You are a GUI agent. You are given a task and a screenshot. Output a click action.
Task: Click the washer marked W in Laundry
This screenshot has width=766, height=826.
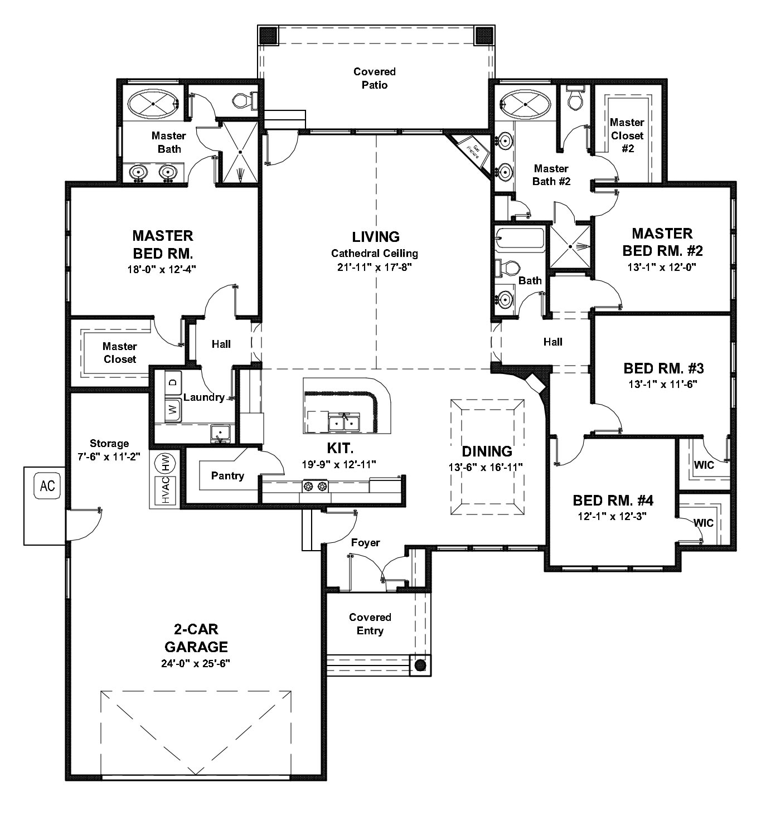click(x=173, y=411)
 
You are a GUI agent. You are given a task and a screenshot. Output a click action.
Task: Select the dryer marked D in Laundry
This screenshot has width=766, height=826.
click(x=173, y=382)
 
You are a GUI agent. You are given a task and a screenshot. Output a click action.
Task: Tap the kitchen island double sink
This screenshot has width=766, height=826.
click(x=343, y=422)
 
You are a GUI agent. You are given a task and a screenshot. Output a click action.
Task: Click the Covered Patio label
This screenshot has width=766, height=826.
click(x=375, y=78)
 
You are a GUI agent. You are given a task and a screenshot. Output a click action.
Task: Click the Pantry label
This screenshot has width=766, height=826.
click(x=227, y=476)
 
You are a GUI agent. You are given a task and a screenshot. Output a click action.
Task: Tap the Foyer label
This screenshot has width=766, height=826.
click(x=366, y=542)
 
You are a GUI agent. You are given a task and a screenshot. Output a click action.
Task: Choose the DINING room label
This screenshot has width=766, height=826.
click(x=487, y=451)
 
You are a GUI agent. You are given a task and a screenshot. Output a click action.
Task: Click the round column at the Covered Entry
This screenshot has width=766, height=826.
click(x=420, y=665)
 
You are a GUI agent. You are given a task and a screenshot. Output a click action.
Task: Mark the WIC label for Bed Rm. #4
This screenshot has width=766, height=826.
click(x=704, y=523)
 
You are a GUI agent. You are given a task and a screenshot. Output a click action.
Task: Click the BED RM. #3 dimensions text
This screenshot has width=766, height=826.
click(x=663, y=383)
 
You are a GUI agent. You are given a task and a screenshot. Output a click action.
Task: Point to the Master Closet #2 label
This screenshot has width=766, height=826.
click(x=627, y=135)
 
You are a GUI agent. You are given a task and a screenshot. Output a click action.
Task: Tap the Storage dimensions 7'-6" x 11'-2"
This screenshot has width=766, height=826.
click(x=109, y=455)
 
